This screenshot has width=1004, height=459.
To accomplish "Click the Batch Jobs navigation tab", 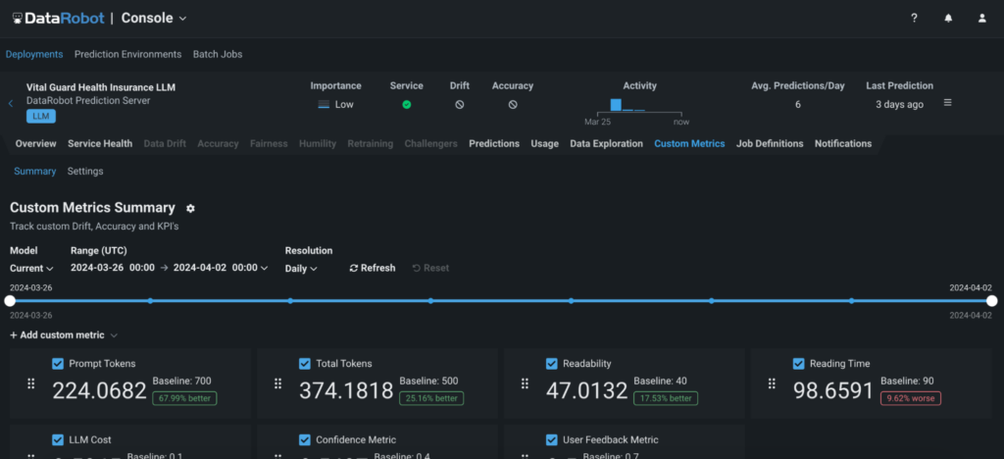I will click(x=218, y=54).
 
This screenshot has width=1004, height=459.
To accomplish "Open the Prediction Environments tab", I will click(x=127, y=54).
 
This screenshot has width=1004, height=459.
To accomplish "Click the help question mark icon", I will click(x=914, y=18).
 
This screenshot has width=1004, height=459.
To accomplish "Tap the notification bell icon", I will click(x=948, y=18).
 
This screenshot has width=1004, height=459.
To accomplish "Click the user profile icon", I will click(x=982, y=18).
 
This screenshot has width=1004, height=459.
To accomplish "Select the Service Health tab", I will click(x=100, y=143).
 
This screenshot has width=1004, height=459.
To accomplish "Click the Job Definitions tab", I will click(x=770, y=143).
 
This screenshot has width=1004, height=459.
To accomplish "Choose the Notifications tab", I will click(x=843, y=143).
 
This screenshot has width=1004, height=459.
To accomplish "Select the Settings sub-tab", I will click(x=85, y=172).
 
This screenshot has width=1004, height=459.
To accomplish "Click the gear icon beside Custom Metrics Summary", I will click(x=190, y=208).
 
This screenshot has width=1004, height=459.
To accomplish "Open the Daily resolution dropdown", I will click(x=301, y=268).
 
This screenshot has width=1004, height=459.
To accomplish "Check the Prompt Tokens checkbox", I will click(x=58, y=364).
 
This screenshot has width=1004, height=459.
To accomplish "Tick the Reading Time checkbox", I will click(x=799, y=364).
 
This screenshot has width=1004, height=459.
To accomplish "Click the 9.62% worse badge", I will click(x=911, y=398).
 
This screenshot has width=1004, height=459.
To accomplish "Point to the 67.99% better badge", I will click(x=184, y=398).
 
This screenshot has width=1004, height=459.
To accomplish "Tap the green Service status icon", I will click(x=406, y=104).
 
